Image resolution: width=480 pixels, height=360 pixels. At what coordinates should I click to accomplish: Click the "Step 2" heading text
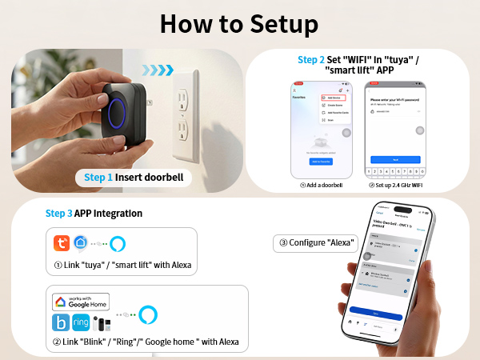pyautogui.click(x=310, y=60)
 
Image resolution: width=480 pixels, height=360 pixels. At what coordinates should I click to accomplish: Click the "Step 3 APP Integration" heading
pyautogui.click(x=94, y=214)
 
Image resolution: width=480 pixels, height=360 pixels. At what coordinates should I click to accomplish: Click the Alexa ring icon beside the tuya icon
pyautogui.click(x=118, y=243)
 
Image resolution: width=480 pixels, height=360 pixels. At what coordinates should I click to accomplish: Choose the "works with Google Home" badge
pyautogui.click(x=80, y=302)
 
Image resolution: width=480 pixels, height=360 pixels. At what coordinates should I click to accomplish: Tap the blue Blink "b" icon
pyautogui.click(x=61, y=322)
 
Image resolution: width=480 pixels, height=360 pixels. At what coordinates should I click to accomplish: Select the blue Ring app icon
pyautogui.click(x=81, y=322)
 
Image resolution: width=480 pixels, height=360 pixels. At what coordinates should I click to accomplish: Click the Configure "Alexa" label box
pyautogui.click(x=306, y=243)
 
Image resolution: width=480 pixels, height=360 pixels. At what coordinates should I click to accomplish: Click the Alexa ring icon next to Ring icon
pyautogui.click(x=146, y=314)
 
